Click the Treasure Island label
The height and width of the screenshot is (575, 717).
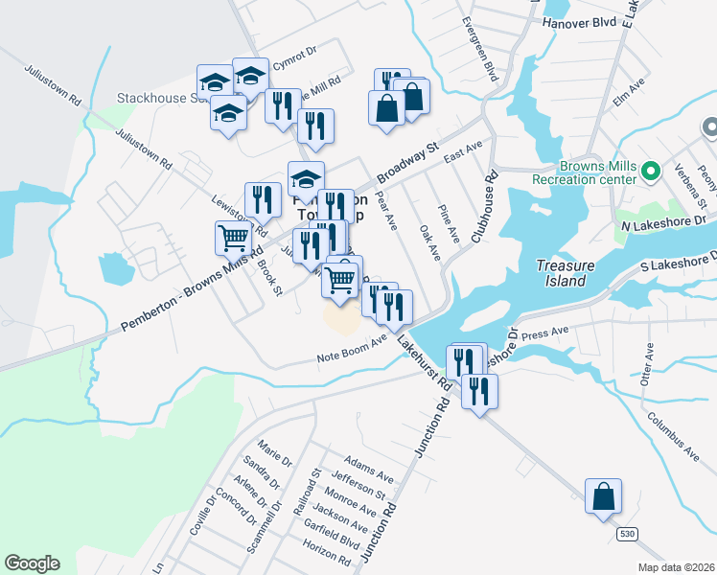point(561,273)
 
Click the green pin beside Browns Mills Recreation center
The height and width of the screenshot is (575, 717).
point(651,172)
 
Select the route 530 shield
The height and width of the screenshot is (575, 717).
point(627,534)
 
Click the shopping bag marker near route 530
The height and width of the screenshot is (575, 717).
point(603,497)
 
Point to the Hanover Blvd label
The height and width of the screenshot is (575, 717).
point(575,21)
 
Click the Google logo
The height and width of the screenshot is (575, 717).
point(32,563)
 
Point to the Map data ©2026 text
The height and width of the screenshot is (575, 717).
point(675,567)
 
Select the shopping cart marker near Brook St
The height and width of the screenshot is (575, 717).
point(234,239)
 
